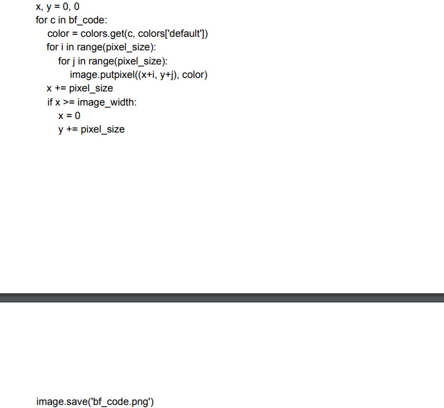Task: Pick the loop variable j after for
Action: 73,61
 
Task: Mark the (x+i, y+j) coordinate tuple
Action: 158,75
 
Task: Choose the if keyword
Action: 50,102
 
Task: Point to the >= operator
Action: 68,102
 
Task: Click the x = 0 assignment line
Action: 69,115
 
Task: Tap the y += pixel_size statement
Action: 91,129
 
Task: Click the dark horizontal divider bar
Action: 222,298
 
